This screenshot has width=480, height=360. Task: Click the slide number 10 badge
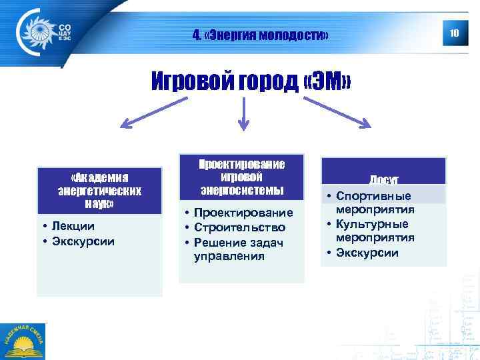[x=455, y=33]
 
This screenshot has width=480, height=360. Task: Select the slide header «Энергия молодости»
[x=260, y=34]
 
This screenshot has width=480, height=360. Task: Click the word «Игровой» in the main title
[x=193, y=82]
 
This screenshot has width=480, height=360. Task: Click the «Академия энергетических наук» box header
[x=99, y=190]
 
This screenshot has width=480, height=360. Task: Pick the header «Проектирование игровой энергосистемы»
[x=243, y=177]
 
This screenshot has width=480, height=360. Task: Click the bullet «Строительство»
[x=239, y=227]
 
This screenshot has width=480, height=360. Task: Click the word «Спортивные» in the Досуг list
[x=373, y=196]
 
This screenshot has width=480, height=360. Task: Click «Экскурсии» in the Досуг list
[x=367, y=253]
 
